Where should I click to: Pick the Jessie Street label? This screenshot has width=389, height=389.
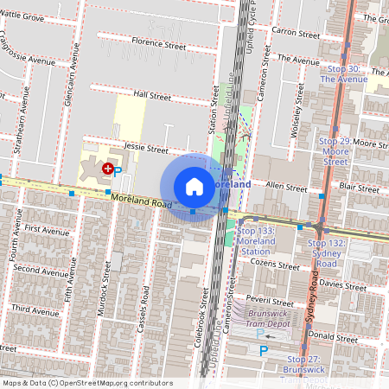click(x=145, y=149)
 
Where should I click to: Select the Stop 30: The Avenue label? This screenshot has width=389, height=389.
click(x=339, y=73)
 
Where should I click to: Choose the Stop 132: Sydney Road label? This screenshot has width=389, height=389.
click(x=327, y=249)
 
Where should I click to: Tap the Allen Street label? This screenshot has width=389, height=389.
click(x=285, y=187)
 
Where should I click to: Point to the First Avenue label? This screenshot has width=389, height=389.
click(x=47, y=231)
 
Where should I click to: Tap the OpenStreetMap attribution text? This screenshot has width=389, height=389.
click(x=87, y=383)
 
